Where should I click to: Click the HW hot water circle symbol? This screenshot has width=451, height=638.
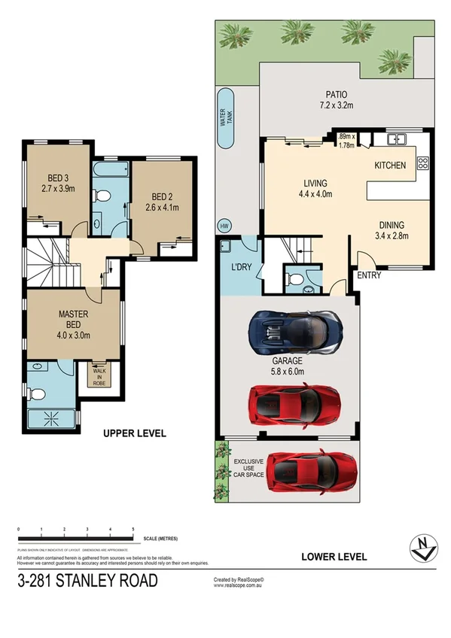[x=224, y=225]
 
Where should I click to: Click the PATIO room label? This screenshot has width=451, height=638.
[x=336, y=95]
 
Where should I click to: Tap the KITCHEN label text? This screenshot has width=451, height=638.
[x=390, y=165]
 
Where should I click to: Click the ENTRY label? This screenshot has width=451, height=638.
[x=368, y=275]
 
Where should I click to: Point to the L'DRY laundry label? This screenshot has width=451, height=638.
[x=241, y=267]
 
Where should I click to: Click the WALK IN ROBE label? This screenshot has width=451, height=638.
[x=100, y=375]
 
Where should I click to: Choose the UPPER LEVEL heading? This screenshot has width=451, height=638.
[x=134, y=434]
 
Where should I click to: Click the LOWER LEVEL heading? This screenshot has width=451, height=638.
[x=334, y=557]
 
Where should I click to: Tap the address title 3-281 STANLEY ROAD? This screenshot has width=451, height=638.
[x=88, y=581]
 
